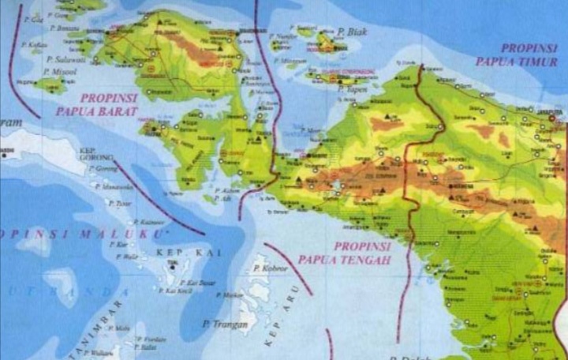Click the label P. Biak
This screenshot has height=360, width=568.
[x=351, y=32]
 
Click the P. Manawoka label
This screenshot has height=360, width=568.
[x=114, y=186]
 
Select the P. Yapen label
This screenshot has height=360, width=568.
[x=357, y=90]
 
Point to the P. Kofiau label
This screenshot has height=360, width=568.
[x=36, y=44]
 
